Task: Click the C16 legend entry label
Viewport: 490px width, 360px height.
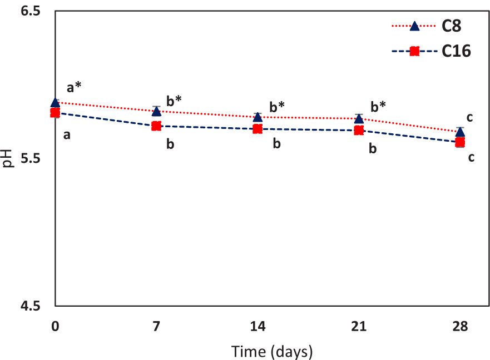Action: [x=457, y=51]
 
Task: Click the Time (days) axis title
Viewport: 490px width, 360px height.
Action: [x=272, y=351]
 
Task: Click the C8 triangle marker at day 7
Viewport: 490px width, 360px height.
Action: [x=156, y=112]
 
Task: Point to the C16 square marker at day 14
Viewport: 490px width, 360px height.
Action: [x=258, y=129]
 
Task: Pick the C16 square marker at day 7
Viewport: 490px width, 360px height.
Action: [x=156, y=126]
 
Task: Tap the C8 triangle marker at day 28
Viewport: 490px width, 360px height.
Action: [x=460, y=132]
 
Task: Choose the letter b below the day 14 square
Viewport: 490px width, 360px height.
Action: [x=276, y=144]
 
